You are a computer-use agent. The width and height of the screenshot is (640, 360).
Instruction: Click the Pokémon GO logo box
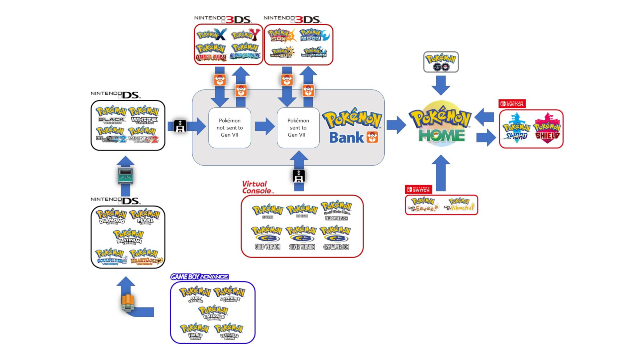click(441, 60)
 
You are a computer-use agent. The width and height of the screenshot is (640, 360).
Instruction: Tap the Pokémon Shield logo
click(549, 129)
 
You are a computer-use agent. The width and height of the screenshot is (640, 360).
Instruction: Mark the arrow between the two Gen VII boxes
click(263, 127)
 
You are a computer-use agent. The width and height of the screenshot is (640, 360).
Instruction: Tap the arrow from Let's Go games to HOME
click(441, 176)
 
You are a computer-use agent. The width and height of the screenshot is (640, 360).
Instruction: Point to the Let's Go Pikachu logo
click(424, 205)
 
